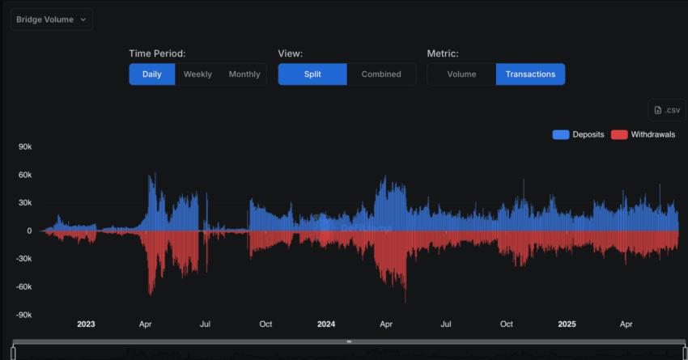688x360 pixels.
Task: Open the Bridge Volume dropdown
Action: (51, 19)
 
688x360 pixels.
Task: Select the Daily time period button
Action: (151, 74)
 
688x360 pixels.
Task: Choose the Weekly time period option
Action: (197, 74)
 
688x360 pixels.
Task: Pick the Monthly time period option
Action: (244, 74)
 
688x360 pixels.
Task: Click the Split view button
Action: (312, 74)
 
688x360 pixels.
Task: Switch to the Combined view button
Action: (381, 74)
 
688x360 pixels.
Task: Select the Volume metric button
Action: (461, 74)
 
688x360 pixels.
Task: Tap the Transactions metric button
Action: (530, 74)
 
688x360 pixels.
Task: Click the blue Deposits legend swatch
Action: (560, 134)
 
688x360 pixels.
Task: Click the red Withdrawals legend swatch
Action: (619, 134)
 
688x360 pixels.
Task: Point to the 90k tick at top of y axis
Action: (23, 146)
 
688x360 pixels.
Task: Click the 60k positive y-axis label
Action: (23, 175)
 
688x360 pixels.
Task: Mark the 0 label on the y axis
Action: (28, 231)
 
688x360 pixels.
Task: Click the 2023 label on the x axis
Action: (86, 324)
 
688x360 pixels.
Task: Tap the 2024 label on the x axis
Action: (326, 324)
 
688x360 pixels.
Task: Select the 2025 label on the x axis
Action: (567, 324)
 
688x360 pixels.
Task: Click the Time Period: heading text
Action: (157, 53)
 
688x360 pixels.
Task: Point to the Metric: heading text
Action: (443, 53)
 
